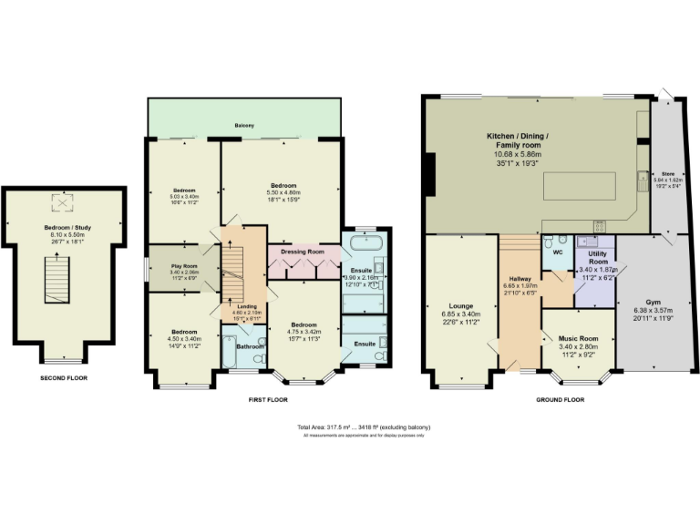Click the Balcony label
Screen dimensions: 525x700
(x=244, y=125)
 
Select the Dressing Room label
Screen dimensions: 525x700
(x=304, y=251)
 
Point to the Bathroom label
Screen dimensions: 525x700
(x=250, y=346)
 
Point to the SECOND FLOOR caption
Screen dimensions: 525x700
(x=64, y=377)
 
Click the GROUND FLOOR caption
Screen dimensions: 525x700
(x=560, y=399)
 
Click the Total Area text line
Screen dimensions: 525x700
(x=364, y=427)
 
